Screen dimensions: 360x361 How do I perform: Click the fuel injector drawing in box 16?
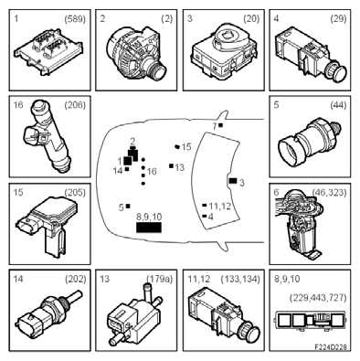[47, 136]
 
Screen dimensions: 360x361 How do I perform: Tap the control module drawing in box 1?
[48, 50]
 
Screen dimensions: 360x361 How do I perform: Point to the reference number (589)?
[75, 19]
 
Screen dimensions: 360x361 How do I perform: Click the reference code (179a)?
[160, 279]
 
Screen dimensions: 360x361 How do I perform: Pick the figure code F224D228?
[331, 347]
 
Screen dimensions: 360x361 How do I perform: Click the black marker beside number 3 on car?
[233, 181]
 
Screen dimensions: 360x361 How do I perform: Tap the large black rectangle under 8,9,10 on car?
[149, 228]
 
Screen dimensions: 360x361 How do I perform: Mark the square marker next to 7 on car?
[221, 125]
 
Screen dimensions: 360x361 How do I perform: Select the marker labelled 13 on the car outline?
[172, 165]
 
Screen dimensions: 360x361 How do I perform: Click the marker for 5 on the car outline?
[128, 207]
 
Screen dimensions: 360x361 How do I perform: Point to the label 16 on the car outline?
[152, 172]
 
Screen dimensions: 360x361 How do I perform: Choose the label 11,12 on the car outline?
[220, 207]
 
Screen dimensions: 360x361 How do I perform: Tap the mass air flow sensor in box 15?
[48, 226]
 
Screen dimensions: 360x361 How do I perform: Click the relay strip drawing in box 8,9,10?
[310, 320]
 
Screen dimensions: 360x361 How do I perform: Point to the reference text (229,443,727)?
[318, 298]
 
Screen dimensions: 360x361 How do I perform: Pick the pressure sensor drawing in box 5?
[309, 142]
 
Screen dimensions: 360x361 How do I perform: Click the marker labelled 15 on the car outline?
[176, 146]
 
